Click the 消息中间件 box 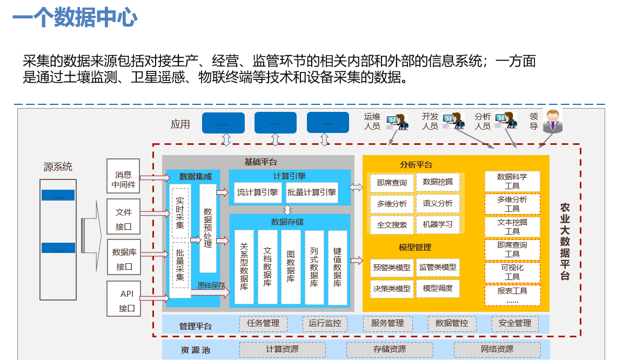tap(123, 176)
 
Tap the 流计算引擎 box tap(258, 192)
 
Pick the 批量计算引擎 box tap(312, 192)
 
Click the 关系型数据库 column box tap(244, 267)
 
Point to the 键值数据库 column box tap(338, 267)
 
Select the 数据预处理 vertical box tap(208, 228)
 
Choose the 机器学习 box tap(438, 224)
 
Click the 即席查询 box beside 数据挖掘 tap(392, 183)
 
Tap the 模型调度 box tap(438, 288)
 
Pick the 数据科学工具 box tap(512, 181)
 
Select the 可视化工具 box tap(512, 272)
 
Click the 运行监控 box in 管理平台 tap(325, 323)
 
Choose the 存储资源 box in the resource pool tap(390, 349)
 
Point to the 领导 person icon tap(552, 121)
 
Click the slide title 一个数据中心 tap(75, 18)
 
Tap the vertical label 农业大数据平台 tap(565, 242)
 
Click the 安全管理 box tap(515, 323)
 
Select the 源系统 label tap(58, 166)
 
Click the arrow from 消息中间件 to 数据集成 tap(155, 177)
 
